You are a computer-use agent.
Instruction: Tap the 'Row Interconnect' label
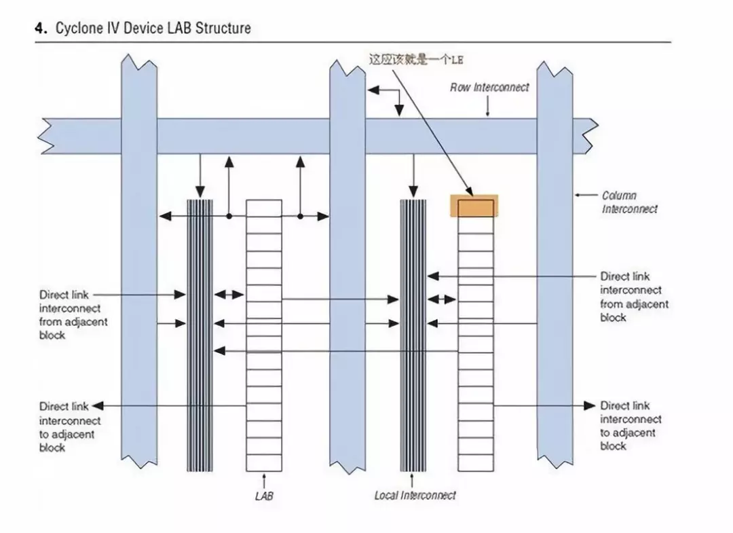click(489, 88)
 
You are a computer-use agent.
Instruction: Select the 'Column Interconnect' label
click(629, 202)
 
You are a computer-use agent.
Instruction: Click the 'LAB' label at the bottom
click(264, 496)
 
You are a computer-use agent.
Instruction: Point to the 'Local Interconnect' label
click(415, 496)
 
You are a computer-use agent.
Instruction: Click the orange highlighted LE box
click(475, 206)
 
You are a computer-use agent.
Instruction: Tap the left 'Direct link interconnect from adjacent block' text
click(73, 315)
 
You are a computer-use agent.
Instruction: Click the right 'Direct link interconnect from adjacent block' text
click(634, 297)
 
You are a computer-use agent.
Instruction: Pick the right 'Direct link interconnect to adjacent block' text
click(631, 426)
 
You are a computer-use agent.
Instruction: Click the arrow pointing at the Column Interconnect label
click(583, 196)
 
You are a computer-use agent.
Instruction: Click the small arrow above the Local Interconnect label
click(413, 480)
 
